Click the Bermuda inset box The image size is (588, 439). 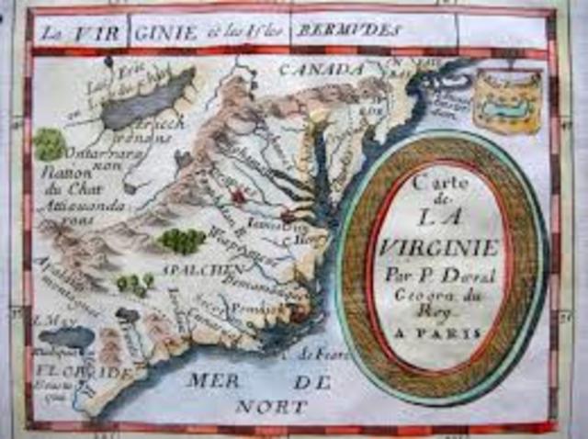[507, 99]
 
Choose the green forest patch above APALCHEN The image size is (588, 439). [181, 240]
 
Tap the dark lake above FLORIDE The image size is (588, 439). [66, 338]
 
